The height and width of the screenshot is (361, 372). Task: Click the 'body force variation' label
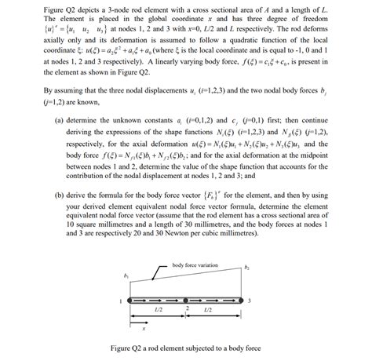(194, 266)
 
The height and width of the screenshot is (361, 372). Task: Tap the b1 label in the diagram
(126, 276)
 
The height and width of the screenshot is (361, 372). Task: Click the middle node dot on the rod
(185, 301)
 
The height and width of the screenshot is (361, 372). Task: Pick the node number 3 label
(249, 301)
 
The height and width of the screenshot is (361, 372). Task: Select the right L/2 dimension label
(208, 312)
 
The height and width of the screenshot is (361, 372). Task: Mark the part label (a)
(59, 121)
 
